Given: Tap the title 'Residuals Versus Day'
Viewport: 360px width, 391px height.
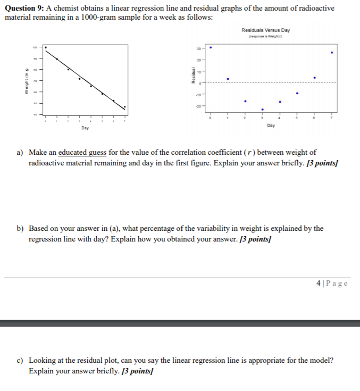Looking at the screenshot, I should [x=265, y=30].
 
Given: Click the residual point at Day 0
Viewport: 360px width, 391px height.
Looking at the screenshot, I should [x=211, y=47].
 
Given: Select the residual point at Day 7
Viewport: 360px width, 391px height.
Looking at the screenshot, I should [x=332, y=53].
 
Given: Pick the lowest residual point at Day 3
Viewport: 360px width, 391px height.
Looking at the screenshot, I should [x=263, y=110].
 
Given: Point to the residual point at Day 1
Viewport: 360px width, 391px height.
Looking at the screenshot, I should [x=228, y=79].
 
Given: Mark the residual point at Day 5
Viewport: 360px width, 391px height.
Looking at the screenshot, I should [x=297, y=94].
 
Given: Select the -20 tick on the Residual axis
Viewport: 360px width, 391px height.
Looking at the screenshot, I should [x=198, y=106].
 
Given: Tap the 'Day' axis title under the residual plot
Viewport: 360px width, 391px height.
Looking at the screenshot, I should [x=271, y=126].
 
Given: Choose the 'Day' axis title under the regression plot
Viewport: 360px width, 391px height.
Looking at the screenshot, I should [x=85, y=128].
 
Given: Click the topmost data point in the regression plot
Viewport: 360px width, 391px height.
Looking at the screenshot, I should [x=46, y=47].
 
